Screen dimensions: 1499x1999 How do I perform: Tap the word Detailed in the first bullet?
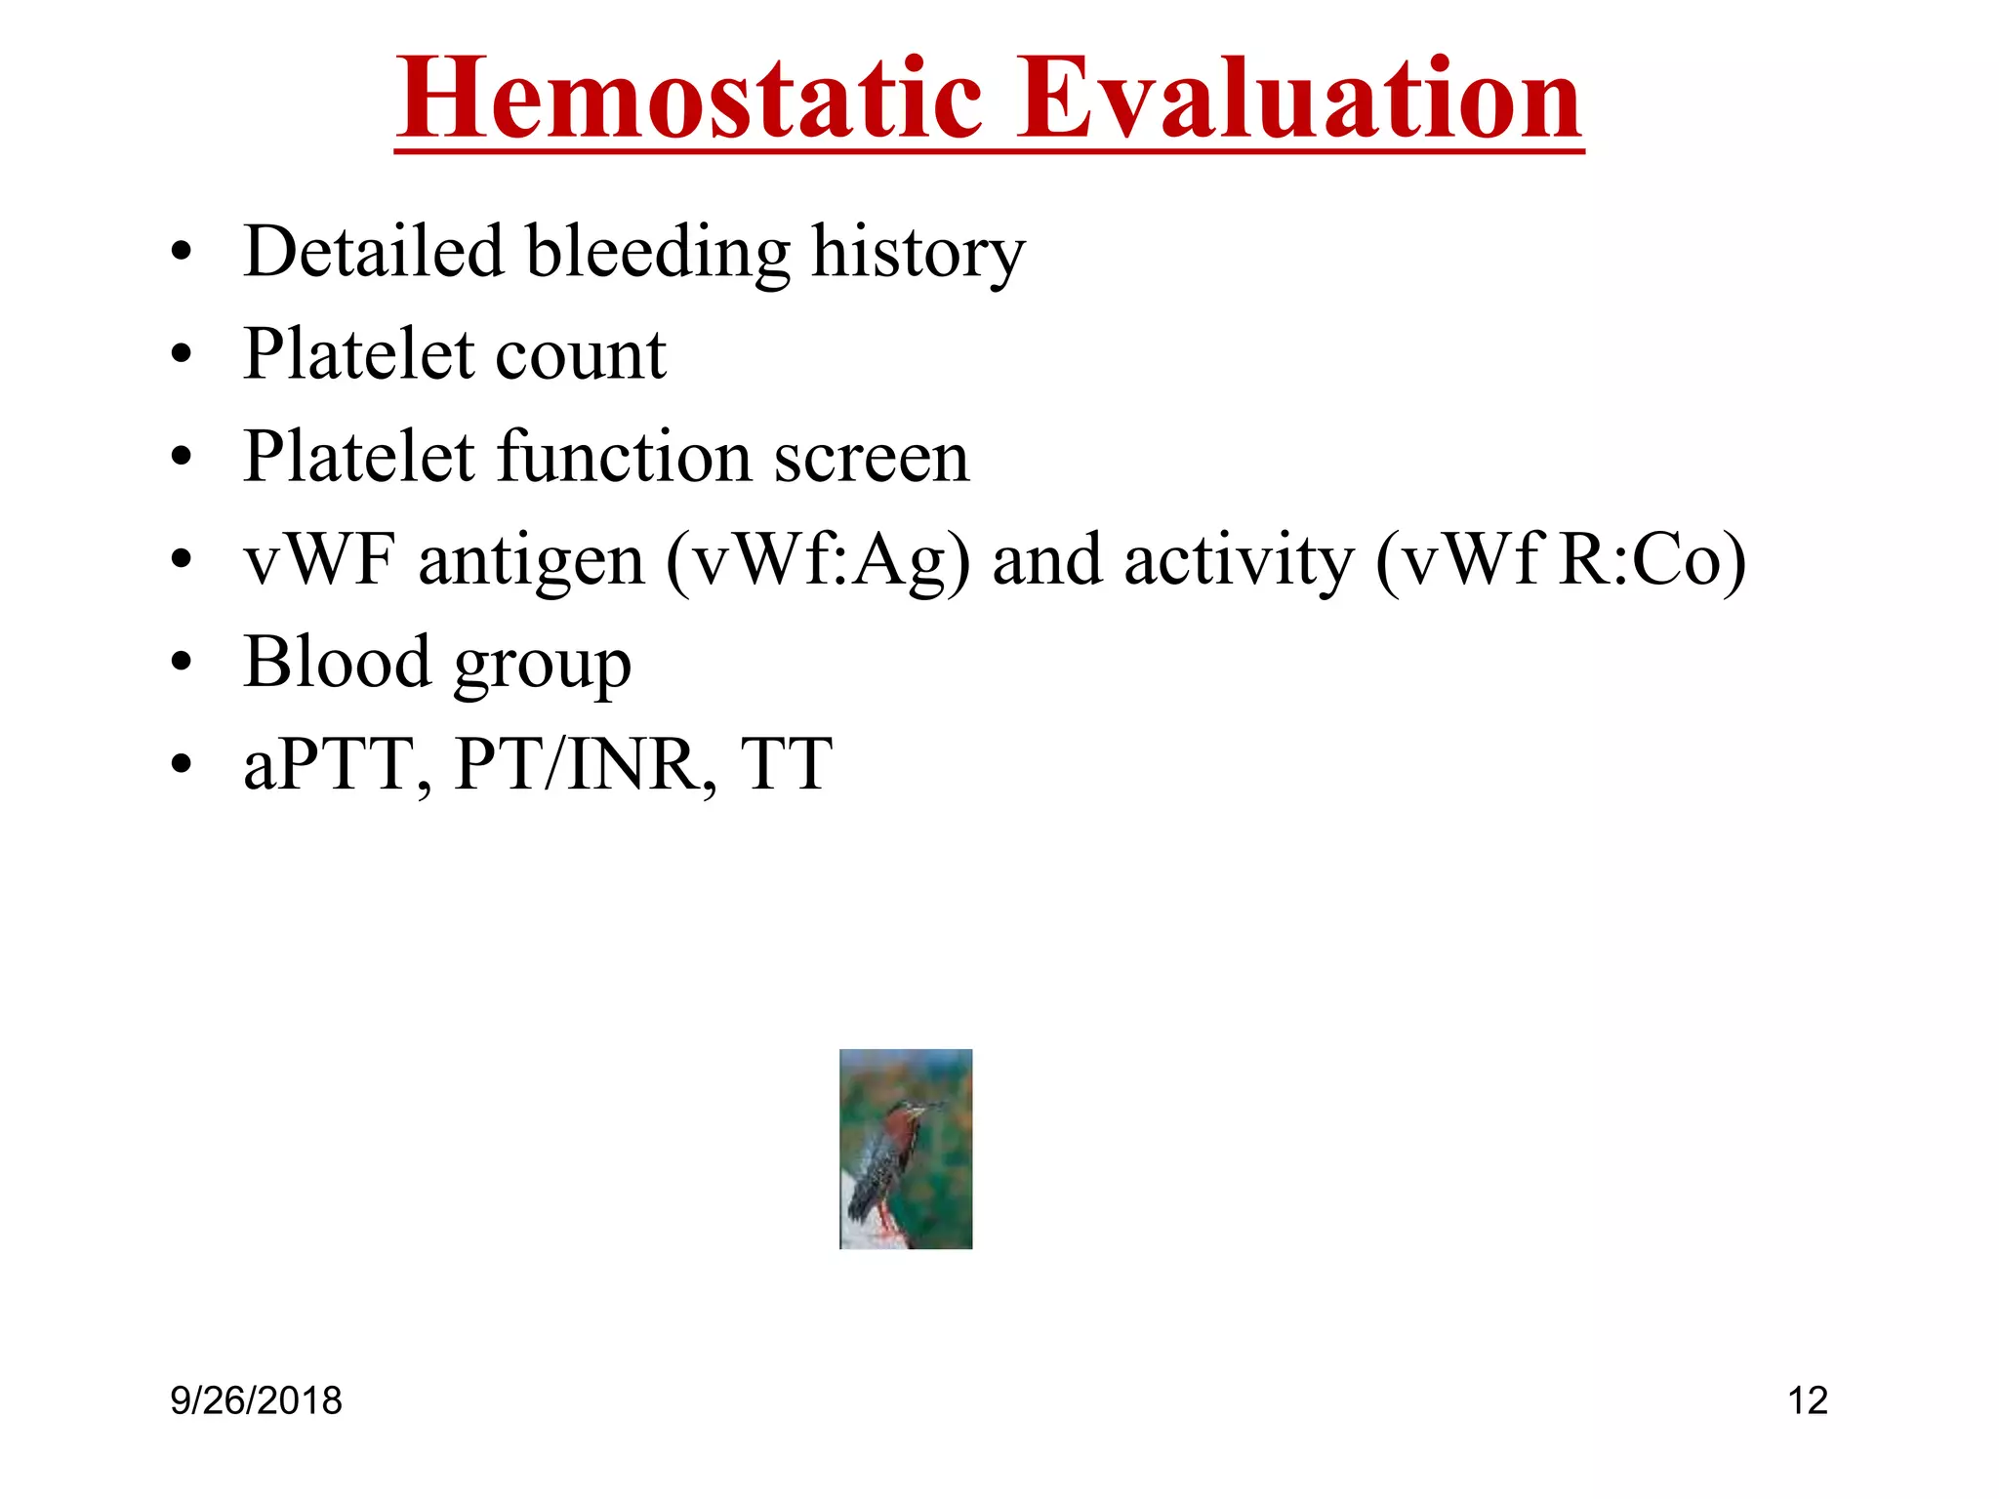[x=373, y=252]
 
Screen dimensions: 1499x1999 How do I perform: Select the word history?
[x=918, y=254]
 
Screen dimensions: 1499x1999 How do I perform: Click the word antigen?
[x=531, y=563]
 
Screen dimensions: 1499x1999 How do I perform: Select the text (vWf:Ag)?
[x=818, y=563]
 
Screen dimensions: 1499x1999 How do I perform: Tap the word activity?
[x=1239, y=563]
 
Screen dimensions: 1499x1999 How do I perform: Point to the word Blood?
[x=337, y=662]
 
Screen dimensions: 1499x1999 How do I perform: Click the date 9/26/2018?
[x=256, y=1401]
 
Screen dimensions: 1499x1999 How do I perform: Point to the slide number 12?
[x=1807, y=1401]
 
